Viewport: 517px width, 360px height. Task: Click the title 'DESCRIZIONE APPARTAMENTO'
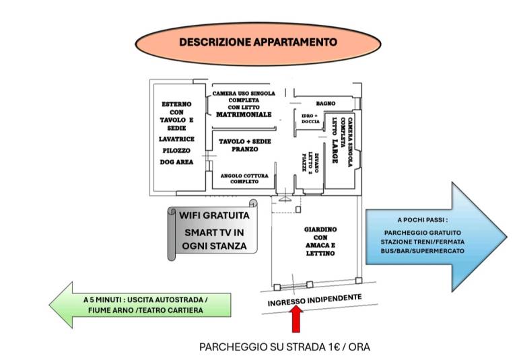point(258,42)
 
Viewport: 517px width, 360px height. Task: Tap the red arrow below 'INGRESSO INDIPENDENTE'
point(297,319)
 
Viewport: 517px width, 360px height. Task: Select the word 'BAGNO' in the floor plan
point(325,104)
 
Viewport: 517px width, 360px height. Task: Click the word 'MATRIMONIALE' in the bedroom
point(244,114)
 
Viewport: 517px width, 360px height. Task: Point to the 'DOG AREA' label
point(176,162)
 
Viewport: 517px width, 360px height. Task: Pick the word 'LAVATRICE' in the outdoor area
point(176,139)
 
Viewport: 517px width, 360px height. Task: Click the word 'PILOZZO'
point(176,151)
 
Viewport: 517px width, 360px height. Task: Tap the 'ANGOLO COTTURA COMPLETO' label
point(244,179)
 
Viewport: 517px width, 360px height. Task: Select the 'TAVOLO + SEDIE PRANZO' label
point(244,145)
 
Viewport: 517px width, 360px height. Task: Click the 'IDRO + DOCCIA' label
point(310,118)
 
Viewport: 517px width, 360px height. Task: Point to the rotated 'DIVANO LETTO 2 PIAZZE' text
point(310,161)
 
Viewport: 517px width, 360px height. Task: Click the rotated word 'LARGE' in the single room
point(335,151)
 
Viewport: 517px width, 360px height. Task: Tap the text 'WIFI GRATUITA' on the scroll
point(214,215)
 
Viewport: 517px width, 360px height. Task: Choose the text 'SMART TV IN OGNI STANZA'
point(214,240)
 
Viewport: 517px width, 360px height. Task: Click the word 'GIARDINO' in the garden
point(320,229)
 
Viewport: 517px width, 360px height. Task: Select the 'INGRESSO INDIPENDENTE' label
point(314,300)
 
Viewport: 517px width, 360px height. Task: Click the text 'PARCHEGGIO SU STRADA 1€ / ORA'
point(285,347)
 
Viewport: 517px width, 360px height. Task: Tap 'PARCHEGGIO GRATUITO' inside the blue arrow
point(422,233)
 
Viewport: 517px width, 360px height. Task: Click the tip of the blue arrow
point(506,237)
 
